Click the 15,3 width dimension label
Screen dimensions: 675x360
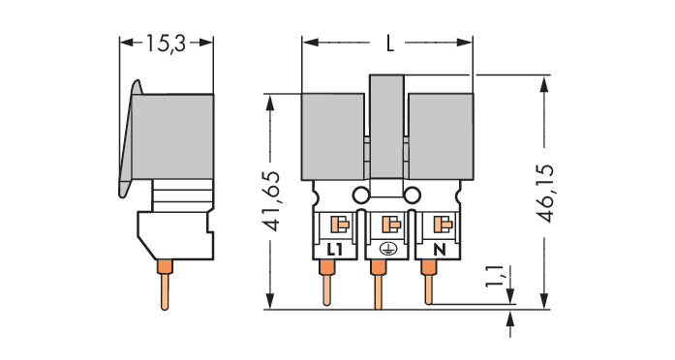coord(166,44)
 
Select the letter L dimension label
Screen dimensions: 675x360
coord(390,43)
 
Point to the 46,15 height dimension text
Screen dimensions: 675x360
coord(545,194)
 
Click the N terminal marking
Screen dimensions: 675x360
coord(439,250)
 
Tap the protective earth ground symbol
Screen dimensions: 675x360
coord(386,249)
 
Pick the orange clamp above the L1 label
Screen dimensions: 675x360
coord(340,225)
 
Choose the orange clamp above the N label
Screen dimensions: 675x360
coord(443,225)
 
